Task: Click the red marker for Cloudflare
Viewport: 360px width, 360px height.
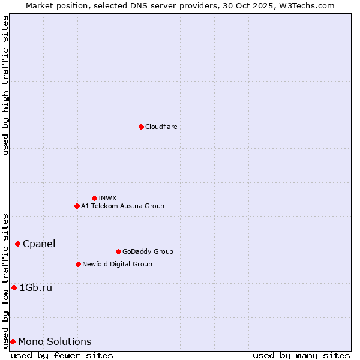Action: click(141, 127)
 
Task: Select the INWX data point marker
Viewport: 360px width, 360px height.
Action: click(94, 198)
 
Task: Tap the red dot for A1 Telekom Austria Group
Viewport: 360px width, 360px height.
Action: click(77, 206)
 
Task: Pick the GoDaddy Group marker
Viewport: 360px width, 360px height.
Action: click(118, 251)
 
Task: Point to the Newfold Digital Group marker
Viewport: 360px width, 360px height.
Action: click(78, 264)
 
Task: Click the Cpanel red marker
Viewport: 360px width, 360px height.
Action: click(17, 244)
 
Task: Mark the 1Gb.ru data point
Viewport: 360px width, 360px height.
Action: click(14, 287)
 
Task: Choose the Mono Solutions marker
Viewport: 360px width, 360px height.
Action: click(13, 341)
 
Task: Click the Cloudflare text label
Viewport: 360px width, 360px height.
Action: click(161, 127)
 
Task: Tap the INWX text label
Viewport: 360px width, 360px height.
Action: click(107, 198)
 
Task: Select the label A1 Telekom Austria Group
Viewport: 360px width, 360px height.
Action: click(122, 206)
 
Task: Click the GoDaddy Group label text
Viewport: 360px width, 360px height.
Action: click(148, 251)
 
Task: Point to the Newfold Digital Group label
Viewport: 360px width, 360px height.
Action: click(117, 264)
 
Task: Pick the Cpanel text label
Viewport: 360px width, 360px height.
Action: click(39, 244)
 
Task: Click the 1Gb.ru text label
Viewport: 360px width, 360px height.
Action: click(36, 287)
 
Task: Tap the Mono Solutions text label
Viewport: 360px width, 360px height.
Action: click(55, 341)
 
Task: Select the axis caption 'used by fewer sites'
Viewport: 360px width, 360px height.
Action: click(62, 355)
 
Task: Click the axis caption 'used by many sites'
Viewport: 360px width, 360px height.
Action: click(301, 355)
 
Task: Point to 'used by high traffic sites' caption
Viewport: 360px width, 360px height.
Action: click(5, 85)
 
